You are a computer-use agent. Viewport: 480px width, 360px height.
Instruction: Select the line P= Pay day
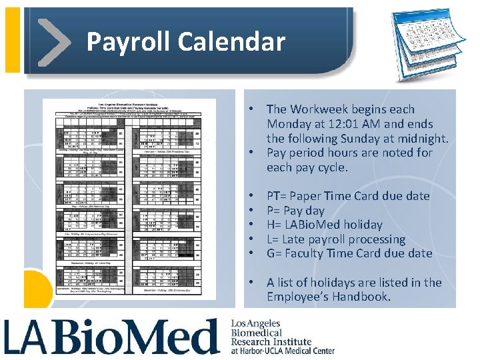click(x=295, y=211)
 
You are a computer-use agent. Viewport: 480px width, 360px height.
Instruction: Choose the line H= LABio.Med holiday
click(x=324, y=225)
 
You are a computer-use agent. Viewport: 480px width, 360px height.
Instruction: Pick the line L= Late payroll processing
click(x=335, y=239)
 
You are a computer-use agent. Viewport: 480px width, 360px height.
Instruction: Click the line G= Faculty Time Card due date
click(x=349, y=253)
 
